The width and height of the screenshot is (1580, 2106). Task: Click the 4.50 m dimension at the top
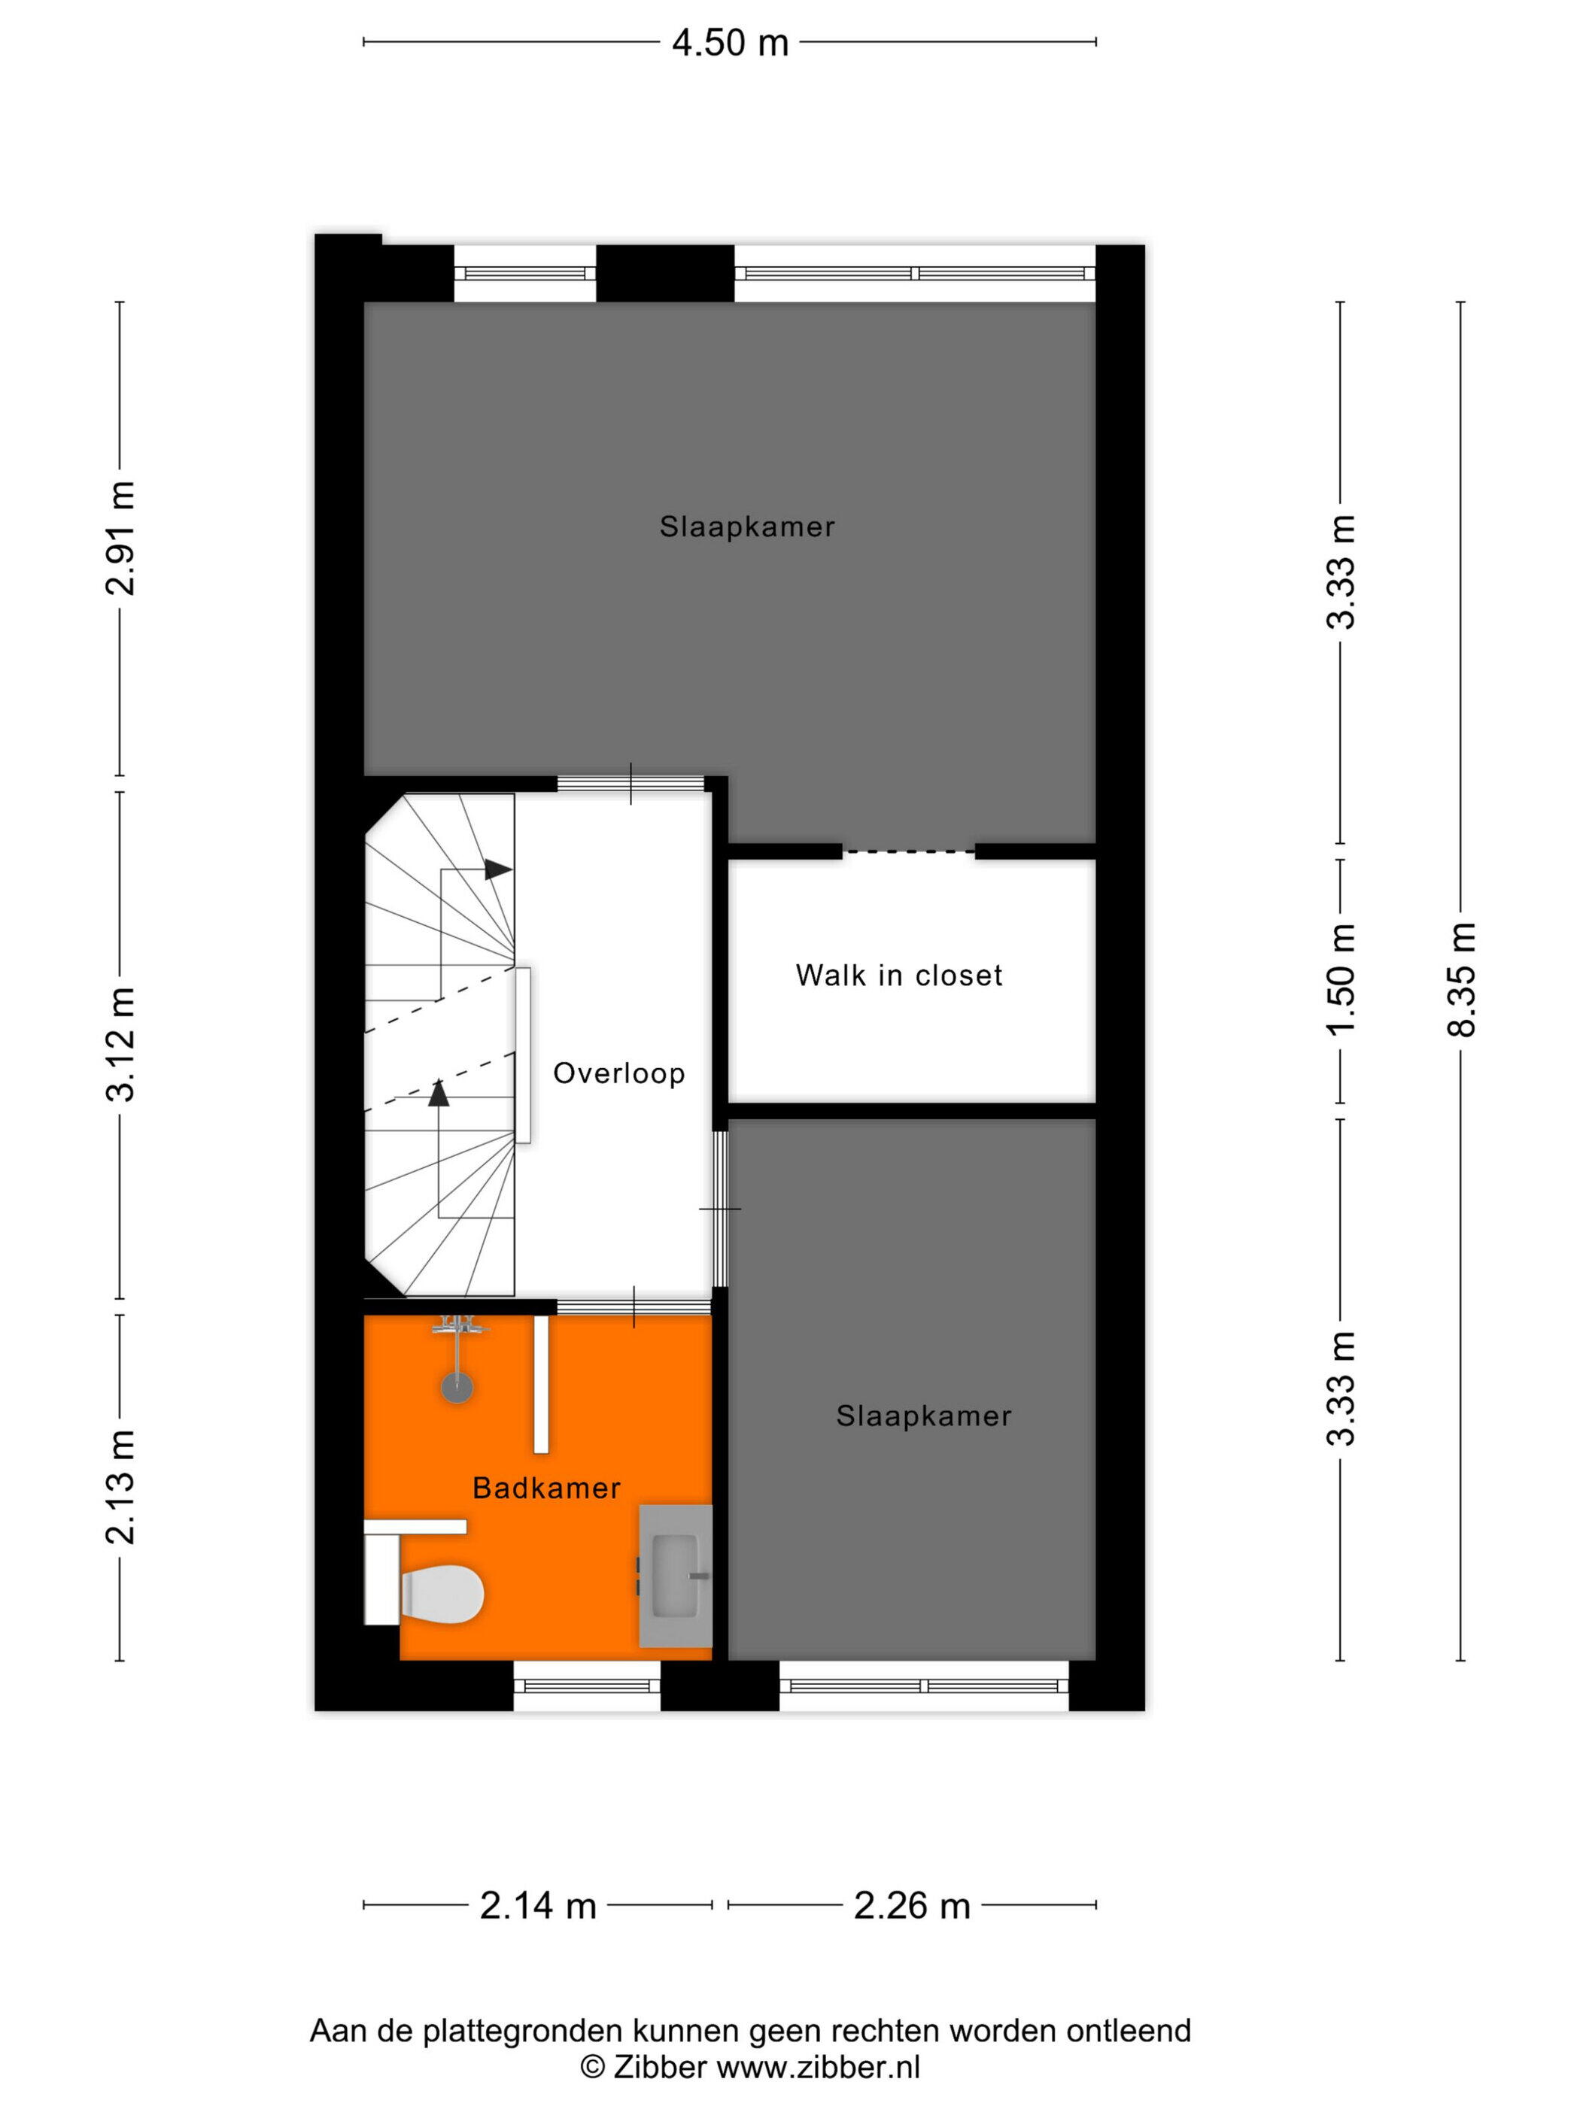click(x=730, y=43)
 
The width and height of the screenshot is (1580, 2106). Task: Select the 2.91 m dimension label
click(x=120, y=539)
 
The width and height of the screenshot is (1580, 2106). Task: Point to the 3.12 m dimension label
click(x=120, y=1045)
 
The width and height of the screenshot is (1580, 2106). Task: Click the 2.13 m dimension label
click(x=120, y=1487)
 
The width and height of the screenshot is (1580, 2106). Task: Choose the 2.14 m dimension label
click(x=538, y=1906)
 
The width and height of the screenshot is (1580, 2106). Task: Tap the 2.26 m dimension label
click(x=911, y=1906)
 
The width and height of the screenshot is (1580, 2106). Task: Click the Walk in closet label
click(x=899, y=976)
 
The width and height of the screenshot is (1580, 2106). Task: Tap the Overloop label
click(x=619, y=1074)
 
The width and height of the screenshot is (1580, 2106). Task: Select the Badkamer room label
click(x=547, y=1488)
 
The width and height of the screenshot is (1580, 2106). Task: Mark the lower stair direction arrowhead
click(x=438, y=1093)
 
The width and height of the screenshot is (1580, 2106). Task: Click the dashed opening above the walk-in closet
click(x=909, y=851)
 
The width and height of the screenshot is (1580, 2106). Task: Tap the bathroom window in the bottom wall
click(x=587, y=1686)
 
